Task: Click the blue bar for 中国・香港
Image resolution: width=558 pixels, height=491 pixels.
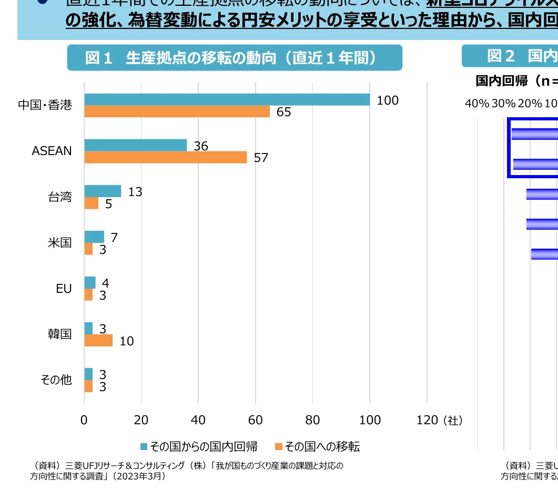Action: point(227,99)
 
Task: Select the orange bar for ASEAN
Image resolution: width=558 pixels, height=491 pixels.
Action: point(165,157)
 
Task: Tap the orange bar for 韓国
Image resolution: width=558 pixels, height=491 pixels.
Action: point(98,341)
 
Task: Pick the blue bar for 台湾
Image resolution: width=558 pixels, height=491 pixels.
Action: point(103,191)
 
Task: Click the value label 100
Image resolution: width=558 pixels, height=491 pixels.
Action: point(388,100)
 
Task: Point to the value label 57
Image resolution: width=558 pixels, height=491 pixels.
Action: point(261,158)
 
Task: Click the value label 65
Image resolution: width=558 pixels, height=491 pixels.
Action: point(283,112)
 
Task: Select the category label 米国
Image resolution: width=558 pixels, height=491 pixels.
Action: point(60,243)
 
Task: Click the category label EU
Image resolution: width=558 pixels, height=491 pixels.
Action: point(64,289)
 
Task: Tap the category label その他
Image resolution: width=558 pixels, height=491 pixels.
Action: point(56,380)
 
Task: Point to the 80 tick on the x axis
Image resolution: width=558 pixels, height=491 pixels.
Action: point(312,420)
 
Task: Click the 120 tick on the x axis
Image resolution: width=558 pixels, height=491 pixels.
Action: point(427,420)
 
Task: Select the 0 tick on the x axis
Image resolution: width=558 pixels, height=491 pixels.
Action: point(84,420)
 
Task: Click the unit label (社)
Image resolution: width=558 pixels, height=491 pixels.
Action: point(452,421)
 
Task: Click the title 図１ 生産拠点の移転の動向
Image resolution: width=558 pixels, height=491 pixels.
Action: point(234,58)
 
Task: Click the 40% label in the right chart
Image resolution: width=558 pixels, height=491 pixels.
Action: point(476,103)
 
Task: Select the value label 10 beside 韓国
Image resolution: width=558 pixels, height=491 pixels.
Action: point(126,341)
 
